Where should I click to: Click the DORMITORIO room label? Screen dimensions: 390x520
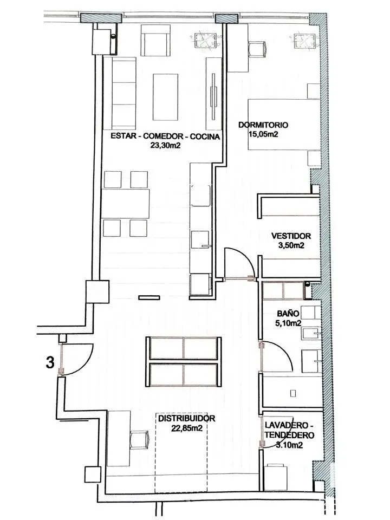coord(263,125)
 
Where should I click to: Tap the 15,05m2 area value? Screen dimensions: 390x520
coord(263,134)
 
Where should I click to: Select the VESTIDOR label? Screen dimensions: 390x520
coord(291,236)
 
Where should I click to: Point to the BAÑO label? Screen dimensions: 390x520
coord(288,314)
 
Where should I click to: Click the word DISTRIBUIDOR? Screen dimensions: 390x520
coord(187,418)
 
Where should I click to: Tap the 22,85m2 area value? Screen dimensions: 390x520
coord(187,428)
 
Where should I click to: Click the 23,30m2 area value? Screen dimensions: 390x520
coord(165,145)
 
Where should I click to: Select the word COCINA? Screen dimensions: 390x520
coord(205,136)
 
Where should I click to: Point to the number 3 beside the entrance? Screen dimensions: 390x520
coord(50,362)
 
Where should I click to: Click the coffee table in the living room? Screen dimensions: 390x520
coord(165,97)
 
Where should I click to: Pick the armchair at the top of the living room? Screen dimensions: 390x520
coord(156,41)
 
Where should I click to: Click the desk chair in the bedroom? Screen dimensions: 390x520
coord(257,49)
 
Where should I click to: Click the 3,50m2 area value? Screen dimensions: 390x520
coord(291,245)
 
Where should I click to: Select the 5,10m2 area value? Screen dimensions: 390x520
coord(288,323)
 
